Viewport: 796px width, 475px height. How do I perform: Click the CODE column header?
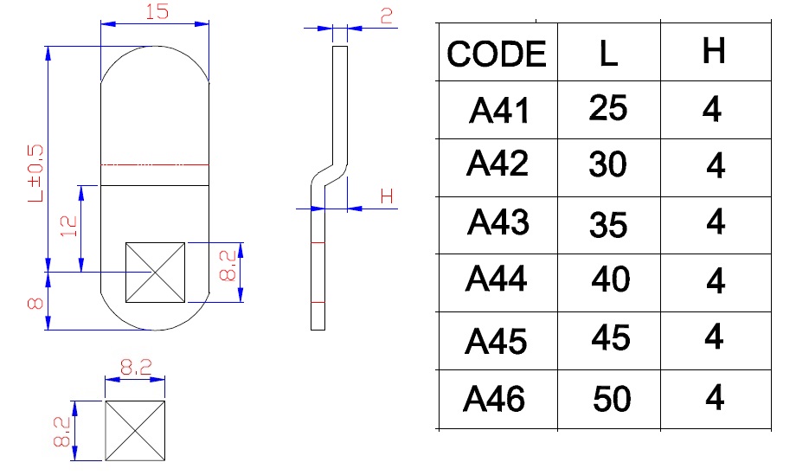497,55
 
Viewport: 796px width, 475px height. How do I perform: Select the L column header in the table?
608,55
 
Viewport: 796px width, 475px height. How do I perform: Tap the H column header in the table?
714,52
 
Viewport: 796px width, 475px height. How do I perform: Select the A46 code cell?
495,400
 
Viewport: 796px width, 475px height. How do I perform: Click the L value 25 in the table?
607,109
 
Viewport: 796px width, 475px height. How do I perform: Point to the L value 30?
607,164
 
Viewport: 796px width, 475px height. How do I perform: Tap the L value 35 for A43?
608,225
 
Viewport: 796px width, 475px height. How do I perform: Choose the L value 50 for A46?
612,400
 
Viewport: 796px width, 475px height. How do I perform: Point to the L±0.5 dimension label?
35,172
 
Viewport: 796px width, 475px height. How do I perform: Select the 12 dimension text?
69,227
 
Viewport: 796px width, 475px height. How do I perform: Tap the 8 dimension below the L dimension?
35,302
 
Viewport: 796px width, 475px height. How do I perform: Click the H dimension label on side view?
386,196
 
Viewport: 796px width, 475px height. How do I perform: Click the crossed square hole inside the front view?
155,273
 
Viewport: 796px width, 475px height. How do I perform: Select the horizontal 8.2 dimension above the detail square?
134,367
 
